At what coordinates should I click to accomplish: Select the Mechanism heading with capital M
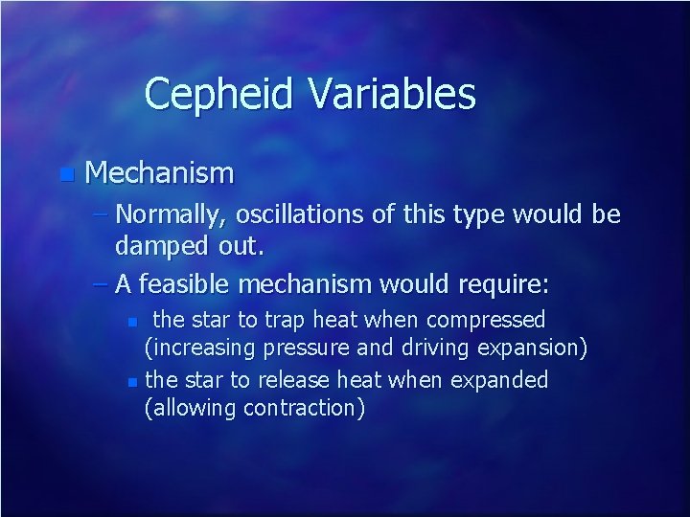pyautogui.click(x=159, y=173)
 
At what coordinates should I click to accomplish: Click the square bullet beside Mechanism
pyautogui.click(x=64, y=174)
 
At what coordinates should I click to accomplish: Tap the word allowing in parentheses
pyautogui.click(x=194, y=408)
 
